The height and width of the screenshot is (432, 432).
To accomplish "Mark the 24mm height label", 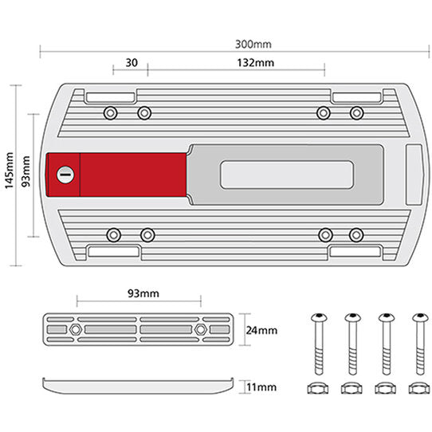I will pos(260,329).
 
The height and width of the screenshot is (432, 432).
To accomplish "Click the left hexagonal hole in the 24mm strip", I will pos(74,328).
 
